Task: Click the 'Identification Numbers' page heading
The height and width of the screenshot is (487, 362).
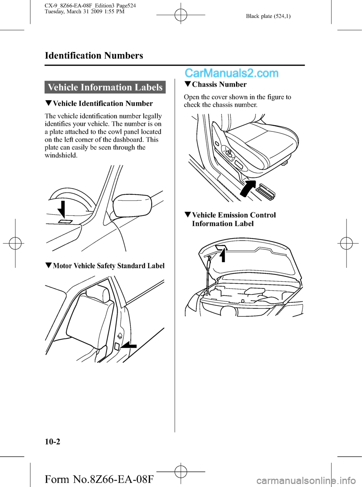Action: point(94,56)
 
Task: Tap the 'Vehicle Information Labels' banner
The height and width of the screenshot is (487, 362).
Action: point(105,87)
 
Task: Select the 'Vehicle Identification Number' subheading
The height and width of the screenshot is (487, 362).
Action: point(103,104)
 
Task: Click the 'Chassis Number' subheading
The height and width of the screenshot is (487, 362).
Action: point(219,85)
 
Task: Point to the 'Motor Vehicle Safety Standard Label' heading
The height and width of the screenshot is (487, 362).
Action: point(109,266)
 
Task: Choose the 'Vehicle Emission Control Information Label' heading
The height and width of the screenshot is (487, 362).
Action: point(234,219)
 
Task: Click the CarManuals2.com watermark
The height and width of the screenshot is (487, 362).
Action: point(232,73)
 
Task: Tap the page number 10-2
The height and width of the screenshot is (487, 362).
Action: point(52,441)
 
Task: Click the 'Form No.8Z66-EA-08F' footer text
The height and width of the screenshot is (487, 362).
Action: point(99,479)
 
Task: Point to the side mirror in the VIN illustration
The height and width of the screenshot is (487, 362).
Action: point(132,206)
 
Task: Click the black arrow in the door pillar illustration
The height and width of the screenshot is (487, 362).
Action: point(129,345)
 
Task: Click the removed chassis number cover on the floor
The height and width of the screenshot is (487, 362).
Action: point(266,190)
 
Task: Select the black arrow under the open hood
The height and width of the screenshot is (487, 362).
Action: point(223,255)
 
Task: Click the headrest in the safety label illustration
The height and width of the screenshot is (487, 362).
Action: point(100,293)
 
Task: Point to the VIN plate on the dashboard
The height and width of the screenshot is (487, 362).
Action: point(65,221)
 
